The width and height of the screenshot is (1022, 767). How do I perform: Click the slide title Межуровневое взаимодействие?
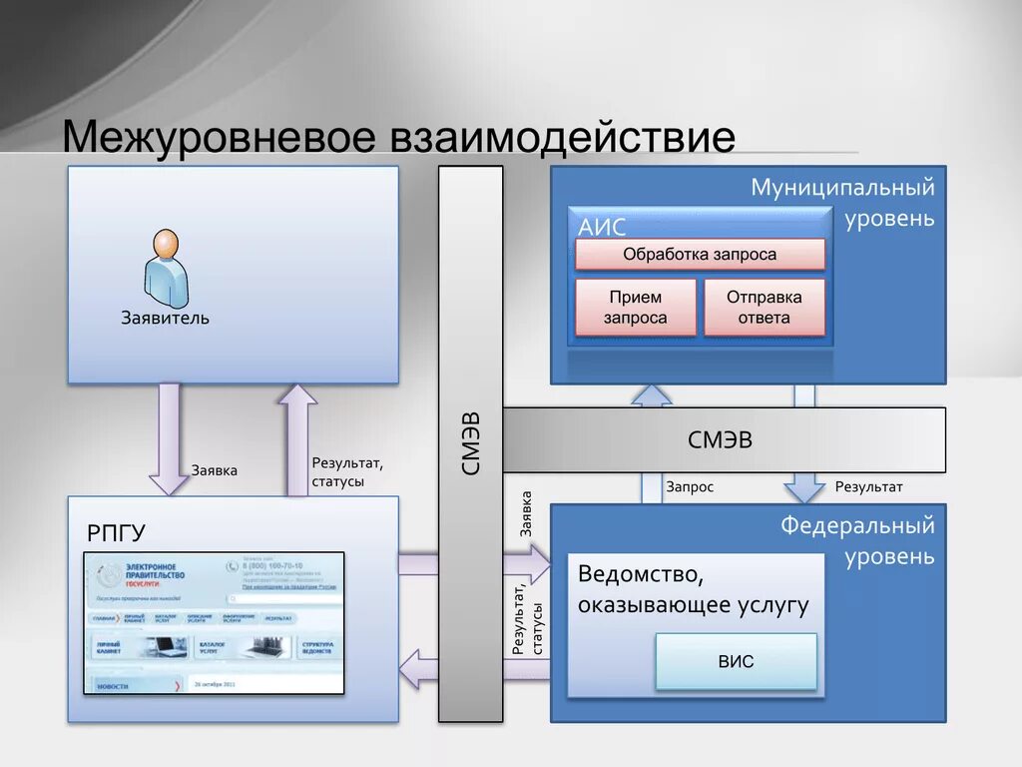point(399,137)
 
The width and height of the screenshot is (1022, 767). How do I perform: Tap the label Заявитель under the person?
point(166,319)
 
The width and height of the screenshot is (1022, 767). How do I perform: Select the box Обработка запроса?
point(700,254)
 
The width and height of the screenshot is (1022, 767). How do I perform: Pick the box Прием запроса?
point(635,308)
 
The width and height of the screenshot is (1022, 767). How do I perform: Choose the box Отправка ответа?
point(765,308)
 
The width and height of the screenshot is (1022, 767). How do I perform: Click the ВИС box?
point(736,661)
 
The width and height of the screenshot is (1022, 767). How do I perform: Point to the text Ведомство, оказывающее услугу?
point(693,589)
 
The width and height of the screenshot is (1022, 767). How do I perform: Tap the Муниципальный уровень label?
point(843,202)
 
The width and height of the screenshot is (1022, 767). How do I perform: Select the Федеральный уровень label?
point(857,539)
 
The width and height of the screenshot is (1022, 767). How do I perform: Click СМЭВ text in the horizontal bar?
point(720,439)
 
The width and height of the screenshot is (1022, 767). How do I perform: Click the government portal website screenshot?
point(214,622)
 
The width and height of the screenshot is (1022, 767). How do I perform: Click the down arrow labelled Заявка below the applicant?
point(169,439)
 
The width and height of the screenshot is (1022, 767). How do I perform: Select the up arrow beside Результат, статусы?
point(296,439)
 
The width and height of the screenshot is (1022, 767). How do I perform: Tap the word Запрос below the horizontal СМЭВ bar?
point(690,487)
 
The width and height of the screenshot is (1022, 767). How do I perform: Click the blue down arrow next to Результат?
point(803,486)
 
